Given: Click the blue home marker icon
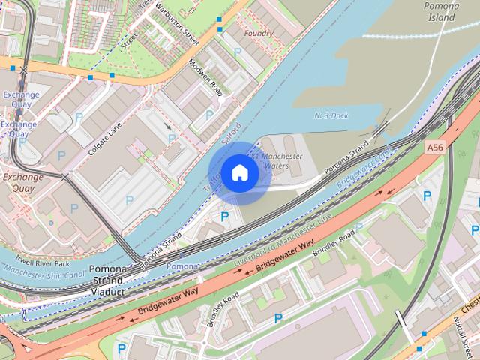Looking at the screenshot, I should click(239, 172).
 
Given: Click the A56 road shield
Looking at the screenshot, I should click(435, 148).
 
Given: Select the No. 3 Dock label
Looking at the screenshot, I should click(331, 115).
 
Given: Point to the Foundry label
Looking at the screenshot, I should click(259, 34).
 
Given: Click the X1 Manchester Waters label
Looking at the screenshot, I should click(277, 160).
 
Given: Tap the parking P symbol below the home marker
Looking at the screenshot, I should click(224, 217).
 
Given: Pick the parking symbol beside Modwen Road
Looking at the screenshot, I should click(210, 113).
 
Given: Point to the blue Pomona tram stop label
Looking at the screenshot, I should click(183, 266).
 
